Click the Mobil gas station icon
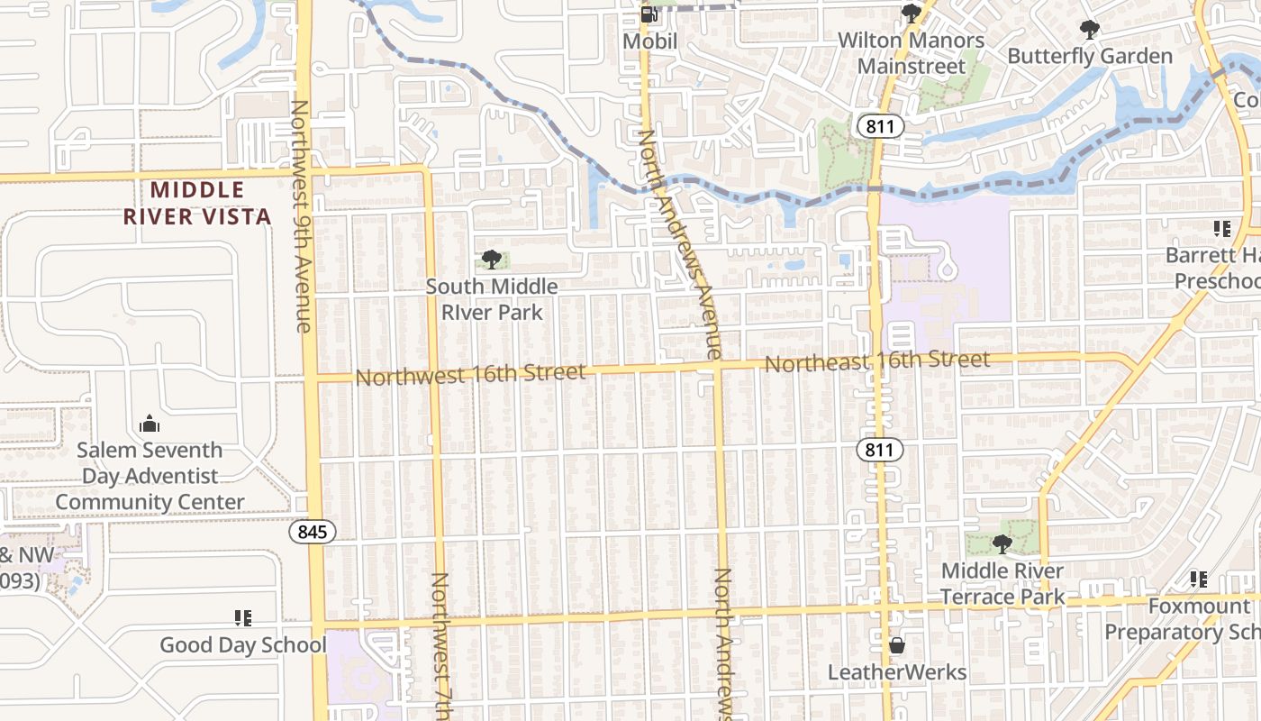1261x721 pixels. pos(649,14)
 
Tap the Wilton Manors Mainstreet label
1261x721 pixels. pos(911,53)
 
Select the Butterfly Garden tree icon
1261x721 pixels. pos(1090,30)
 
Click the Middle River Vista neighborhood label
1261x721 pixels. pos(197,203)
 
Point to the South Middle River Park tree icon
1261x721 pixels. pos(491,260)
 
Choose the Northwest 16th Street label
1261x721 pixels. pos(470,373)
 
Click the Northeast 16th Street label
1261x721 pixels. pos(877,361)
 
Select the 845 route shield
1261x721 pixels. pos(313,532)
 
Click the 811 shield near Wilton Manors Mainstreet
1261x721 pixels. pos(879,126)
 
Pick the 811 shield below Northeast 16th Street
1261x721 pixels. pos(879,450)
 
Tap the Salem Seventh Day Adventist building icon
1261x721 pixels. pos(150,424)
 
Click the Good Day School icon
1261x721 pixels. pos(242,618)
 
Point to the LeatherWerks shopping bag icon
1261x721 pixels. pos(897,645)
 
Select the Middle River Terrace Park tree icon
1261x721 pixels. pos(1002,544)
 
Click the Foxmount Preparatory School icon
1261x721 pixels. pos(1198,579)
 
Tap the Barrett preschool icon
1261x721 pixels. pos(1221,229)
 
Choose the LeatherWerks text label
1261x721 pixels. pos(897,672)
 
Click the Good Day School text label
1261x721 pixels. pos(243,645)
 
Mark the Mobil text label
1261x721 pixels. pos(649,41)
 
